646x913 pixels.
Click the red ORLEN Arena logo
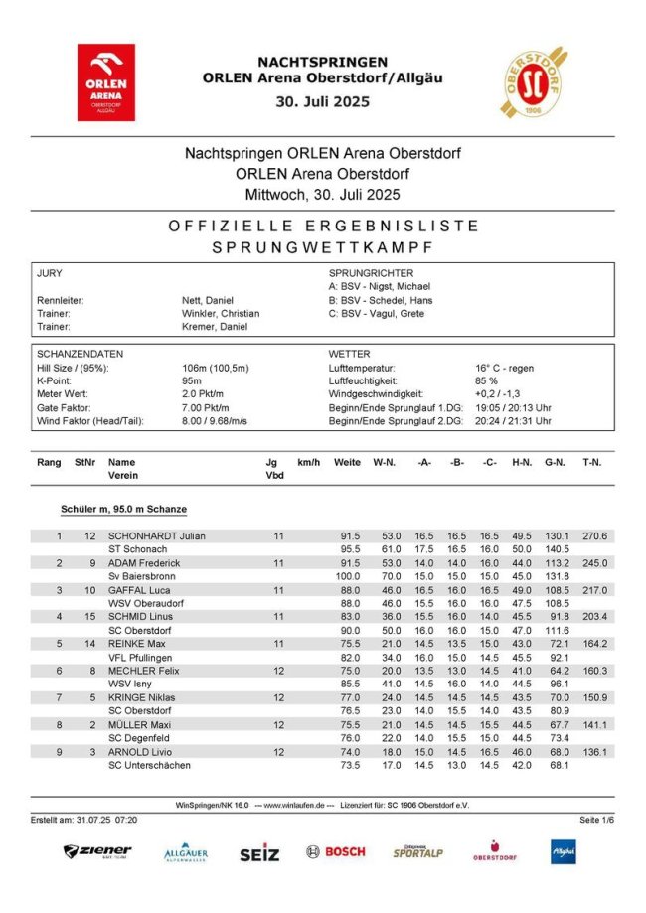pos(106,82)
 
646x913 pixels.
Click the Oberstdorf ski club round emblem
pos(534,81)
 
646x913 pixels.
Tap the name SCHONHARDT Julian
pos(157,536)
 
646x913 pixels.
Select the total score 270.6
pos(594,536)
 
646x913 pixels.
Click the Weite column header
pos(347,462)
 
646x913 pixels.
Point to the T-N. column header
pos(593,462)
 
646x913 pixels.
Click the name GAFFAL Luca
pos(141,590)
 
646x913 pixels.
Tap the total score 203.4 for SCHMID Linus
pos(594,617)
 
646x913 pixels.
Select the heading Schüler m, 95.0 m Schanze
pos(123,509)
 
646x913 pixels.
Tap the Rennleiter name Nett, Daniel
pos(208,299)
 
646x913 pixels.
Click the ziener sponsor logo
pos(97,851)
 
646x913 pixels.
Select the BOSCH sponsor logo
pos(336,851)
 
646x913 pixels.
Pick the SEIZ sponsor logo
pos(259,852)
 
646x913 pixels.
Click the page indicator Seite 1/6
pos(596,819)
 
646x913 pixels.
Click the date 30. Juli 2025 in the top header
pos(322,100)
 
